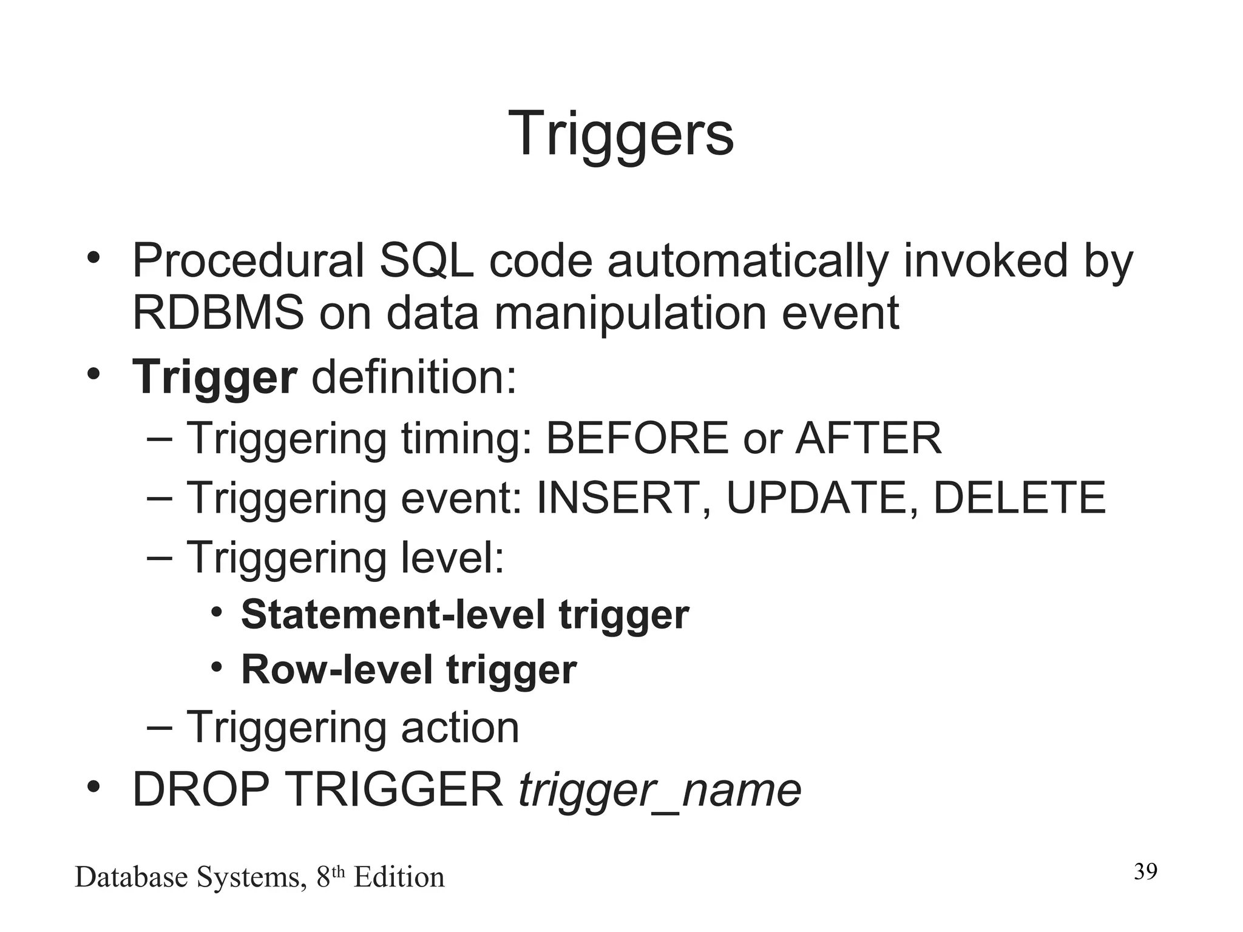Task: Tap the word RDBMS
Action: pos(218,313)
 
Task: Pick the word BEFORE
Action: pos(637,437)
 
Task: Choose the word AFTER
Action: pos(868,437)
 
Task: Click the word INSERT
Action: pos(617,498)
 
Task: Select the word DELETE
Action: pos(1019,498)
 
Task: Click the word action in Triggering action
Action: pos(460,727)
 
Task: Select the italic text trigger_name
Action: pos(660,791)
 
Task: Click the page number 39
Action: pos(1145,871)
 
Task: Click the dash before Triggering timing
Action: pos(159,438)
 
